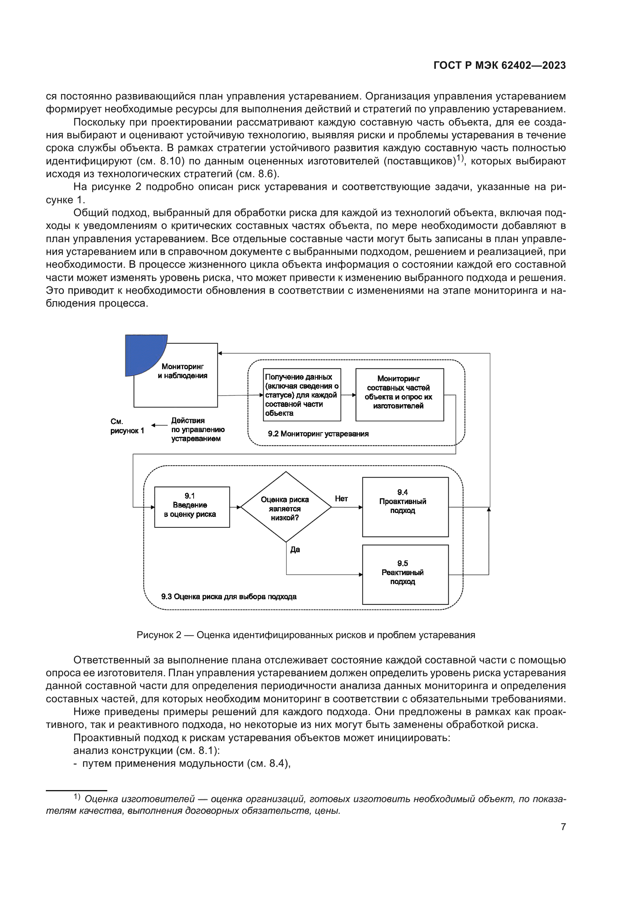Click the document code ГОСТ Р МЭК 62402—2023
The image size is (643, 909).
point(499,66)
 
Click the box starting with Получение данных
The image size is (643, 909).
point(302,395)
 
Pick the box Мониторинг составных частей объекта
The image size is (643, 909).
point(399,394)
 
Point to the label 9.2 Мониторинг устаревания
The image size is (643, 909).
point(318,434)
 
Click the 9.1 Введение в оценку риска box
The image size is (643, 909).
point(192,507)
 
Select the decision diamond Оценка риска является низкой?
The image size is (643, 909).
point(285,507)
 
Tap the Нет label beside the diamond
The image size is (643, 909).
point(341,499)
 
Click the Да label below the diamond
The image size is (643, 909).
point(295,550)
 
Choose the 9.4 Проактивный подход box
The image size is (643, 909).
point(405,507)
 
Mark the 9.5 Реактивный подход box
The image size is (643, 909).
point(405,574)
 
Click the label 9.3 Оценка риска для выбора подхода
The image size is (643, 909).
point(229,597)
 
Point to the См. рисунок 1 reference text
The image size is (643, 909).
point(127,426)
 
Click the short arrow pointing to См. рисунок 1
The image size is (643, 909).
point(159,426)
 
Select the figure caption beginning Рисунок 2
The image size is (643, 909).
point(306,635)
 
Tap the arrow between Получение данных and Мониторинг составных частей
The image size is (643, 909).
point(348,395)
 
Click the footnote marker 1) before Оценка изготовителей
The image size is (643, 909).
point(77,797)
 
